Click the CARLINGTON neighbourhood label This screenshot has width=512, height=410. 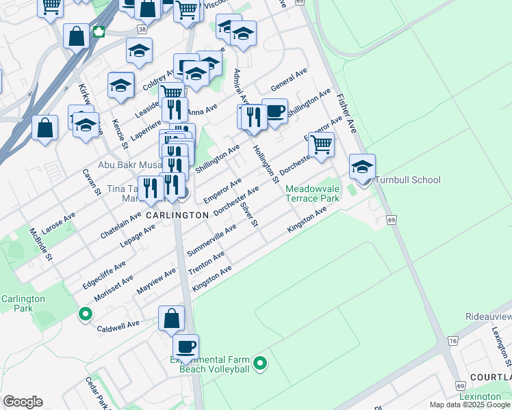(x=177, y=215)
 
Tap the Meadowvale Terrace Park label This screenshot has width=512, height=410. (x=312, y=193)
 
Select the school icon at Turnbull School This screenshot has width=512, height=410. (x=362, y=167)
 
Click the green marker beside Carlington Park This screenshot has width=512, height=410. (x=86, y=314)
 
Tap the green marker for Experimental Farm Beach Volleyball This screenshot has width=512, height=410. (x=259, y=364)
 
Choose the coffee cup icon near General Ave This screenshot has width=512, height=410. (x=274, y=112)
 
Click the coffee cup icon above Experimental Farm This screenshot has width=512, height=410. (x=185, y=346)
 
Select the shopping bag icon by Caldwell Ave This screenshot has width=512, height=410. (x=171, y=318)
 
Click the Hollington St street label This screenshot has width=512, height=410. (x=265, y=164)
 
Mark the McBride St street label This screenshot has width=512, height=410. (x=41, y=245)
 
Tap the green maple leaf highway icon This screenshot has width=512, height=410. (x=98, y=31)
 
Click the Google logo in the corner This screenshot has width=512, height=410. (x=23, y=402)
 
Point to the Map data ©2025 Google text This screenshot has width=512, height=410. (x=470, y=405)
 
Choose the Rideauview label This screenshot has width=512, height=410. (x=488, y=317)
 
